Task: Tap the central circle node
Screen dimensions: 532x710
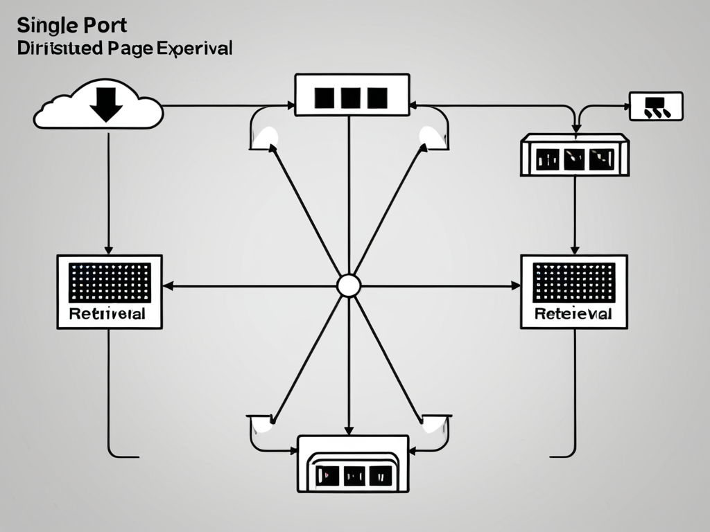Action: pos(348,285)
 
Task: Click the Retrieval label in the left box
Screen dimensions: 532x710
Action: pos(107,313)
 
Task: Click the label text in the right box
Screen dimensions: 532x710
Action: pos(573,314)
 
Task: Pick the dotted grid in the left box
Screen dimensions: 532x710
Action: pos(110,282)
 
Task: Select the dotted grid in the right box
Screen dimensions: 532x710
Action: pos(573,283)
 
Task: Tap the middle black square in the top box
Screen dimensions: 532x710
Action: pos(350,98)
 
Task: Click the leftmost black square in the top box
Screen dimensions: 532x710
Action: pos(324,98)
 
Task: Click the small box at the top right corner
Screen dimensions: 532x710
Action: pos(656,106)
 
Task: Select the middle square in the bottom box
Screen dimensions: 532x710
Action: pos(353,475)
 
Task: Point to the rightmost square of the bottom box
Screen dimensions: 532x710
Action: pos(380,475)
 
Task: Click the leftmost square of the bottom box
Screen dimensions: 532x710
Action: pos(327,475)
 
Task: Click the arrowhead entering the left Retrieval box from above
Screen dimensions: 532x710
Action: pos(109,249)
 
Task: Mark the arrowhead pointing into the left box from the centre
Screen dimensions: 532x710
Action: pos(168,285)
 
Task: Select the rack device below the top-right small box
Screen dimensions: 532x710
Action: pos(574,155)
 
